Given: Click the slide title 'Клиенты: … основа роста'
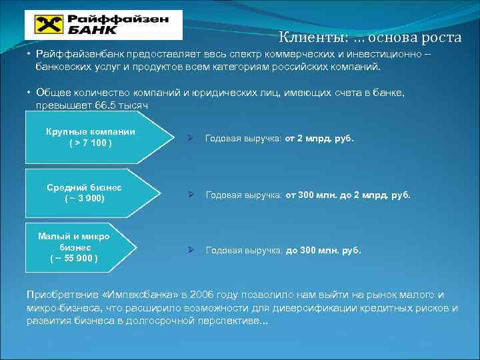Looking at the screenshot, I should (369, 37).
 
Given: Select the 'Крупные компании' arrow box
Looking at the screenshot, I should (93, 137).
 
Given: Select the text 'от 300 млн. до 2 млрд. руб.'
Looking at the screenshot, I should (348, 195).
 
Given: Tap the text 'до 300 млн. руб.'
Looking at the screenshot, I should (323, 251).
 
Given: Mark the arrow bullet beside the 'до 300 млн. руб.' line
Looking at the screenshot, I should (190, 251).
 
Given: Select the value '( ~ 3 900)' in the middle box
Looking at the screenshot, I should (85, 199).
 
